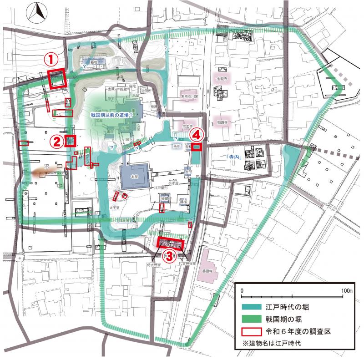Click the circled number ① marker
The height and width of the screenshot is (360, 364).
(51, 59)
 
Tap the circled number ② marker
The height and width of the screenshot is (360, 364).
(56, 141)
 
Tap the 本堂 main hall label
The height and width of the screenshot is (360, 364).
(134, 175)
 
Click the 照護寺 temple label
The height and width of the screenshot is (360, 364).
(222, 122)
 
